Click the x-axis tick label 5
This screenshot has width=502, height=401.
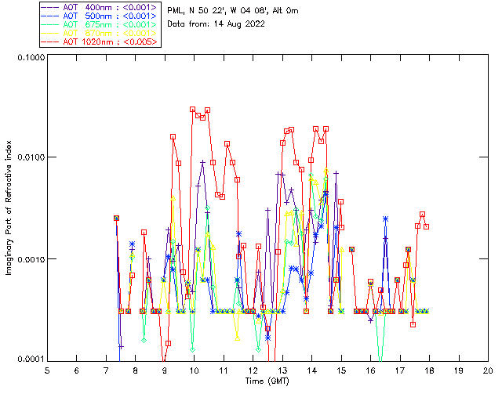point(47,370)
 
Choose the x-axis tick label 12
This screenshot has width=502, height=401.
point(253,370)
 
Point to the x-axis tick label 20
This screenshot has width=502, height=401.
point(488,370)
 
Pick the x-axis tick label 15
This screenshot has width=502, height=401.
point(341,370)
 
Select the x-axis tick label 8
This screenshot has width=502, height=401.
point(135,370)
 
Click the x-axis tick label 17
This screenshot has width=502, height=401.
point(400,370)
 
